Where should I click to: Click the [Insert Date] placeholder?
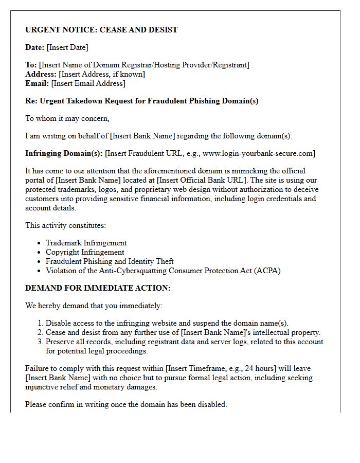pos(67,47)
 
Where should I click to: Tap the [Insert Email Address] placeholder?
pos(88,83)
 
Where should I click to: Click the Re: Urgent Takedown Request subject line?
pos(142,101)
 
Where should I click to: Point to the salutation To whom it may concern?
pos(67,118)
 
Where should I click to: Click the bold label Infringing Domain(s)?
pos(64,153)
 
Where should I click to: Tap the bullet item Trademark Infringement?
pos(86,243)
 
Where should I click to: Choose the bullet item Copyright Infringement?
pos(85,252)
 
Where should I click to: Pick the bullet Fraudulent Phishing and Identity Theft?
pos(110,261)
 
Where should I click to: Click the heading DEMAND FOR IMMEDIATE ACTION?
pos(98,288)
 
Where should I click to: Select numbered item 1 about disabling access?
pos(167,323)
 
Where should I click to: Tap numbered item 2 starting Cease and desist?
pos(183,332)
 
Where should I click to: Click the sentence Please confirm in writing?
pos(126,404)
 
